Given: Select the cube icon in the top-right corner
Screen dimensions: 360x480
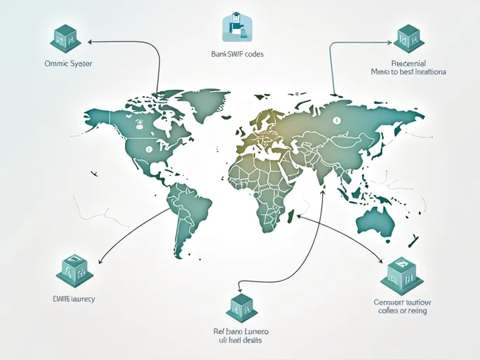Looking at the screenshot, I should tap(408, 39).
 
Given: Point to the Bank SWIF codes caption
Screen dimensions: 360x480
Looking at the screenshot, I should tap(236, 54).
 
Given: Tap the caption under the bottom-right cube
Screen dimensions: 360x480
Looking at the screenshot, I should tap(401, 306).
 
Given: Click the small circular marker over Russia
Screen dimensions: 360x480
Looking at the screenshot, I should tap(336, 120).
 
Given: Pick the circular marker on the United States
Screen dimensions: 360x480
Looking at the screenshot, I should tap(148, 149).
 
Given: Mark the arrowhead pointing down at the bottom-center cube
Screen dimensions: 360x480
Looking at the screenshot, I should tap(240, 288).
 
